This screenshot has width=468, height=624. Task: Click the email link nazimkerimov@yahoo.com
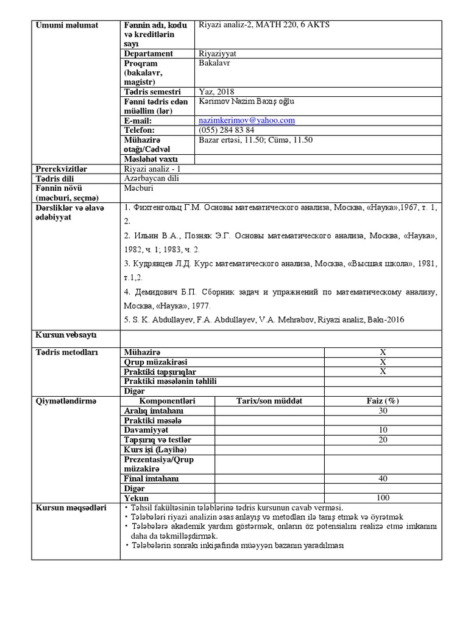point(247,121)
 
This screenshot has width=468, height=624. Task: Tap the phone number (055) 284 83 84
point(227,130)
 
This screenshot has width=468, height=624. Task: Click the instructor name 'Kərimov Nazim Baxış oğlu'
point(246,101)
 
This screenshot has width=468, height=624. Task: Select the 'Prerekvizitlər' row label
point(62,169)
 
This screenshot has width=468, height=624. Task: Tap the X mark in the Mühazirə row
point(383,352)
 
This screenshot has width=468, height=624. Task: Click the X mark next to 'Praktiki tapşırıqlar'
point(383,372)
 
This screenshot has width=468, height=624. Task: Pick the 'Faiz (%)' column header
point(383,401)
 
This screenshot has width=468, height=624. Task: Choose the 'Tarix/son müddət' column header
point(269,401)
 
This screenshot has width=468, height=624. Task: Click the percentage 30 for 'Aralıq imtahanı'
point(383,411)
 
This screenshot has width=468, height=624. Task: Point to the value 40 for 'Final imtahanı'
point(383,478)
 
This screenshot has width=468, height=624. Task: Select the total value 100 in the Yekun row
point(383,498)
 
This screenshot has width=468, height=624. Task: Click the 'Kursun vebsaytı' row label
point(66,335)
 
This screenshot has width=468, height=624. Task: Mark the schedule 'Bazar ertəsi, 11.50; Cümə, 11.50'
point(255,140)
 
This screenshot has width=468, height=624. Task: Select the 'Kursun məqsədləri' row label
point(71,508)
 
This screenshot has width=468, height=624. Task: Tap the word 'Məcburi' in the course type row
point(139,188)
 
